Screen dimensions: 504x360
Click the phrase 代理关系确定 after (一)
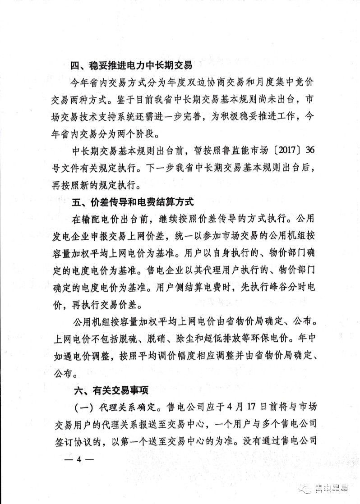130,406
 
